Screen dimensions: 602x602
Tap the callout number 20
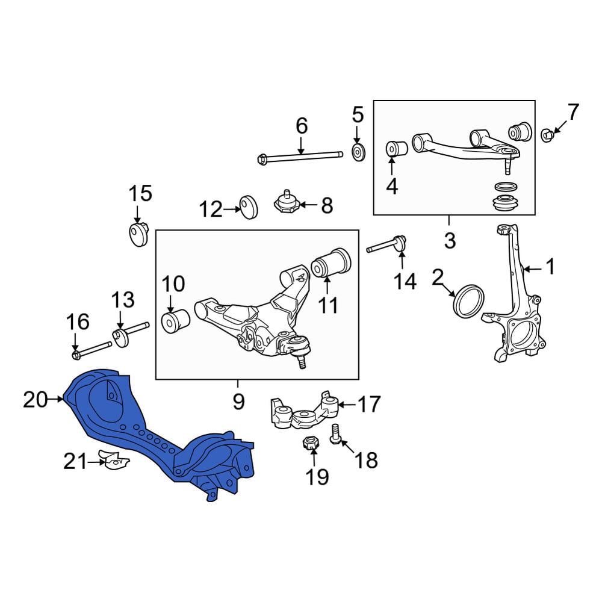(x=35, y=400)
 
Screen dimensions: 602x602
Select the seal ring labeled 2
(x=469, y=302)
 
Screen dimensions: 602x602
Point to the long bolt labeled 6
(x=300, y=157)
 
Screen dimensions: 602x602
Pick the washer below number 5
(x=358, y=153)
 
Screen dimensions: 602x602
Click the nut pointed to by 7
(x=547, y=135)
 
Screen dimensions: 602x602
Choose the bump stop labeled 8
(x=287, y=202)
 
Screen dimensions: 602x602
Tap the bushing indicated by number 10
(x=175, y=321)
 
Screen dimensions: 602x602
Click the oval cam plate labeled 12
(x=249, y=207)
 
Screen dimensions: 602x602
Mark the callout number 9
(x=238, y=402)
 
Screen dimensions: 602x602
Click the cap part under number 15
(x=138, y=234)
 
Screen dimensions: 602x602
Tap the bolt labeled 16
(x=92, y=349)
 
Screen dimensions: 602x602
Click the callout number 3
(x=450, y=241)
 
